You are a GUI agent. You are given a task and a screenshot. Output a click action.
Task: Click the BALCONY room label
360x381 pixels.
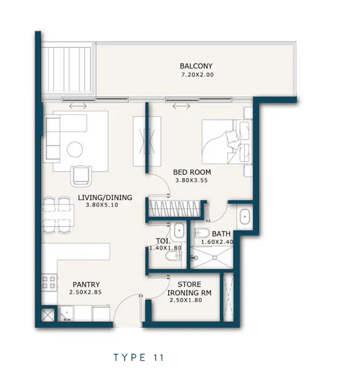coord(196,66)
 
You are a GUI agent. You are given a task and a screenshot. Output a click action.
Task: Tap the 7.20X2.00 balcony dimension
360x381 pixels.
coord(198,75)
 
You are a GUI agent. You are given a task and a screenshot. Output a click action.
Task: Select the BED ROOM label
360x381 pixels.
coord(192,172)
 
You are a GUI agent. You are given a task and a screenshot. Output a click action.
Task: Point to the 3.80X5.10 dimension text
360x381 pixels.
coord(102,205)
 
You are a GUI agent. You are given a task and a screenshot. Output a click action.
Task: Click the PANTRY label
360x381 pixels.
coord(86,284)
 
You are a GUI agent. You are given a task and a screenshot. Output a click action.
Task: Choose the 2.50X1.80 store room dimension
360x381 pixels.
coord(186,300)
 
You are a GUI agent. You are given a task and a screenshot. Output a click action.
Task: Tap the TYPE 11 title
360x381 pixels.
coord(139,358)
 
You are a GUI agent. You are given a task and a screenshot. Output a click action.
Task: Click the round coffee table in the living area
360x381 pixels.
coord(75,149)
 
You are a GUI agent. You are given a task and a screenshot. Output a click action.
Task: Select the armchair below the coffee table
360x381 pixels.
coord(81,176)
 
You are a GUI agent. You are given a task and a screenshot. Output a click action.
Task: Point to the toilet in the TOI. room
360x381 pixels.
coord(173,256)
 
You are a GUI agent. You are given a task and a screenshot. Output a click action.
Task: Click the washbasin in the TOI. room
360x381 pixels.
coord(179,230)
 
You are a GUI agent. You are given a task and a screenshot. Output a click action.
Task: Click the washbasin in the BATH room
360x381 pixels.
coord(244,216)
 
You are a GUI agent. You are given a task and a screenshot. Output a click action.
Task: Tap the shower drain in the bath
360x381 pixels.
coord(214,257)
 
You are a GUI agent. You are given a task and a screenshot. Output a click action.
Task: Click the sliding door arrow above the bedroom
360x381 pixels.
coord(181,106)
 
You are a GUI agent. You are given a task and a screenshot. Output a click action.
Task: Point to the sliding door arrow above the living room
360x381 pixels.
coord(78,106)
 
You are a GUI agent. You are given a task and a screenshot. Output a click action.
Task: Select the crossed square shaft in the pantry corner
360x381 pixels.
coord(47,315)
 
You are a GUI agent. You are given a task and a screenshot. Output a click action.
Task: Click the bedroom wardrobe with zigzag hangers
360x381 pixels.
coord(174,209)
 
